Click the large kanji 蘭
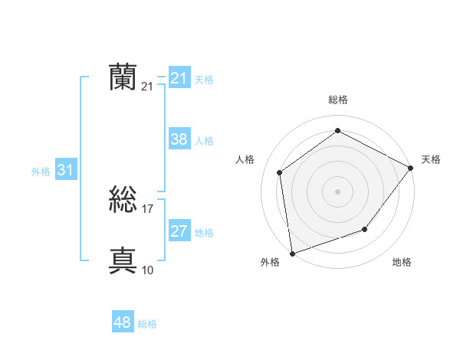123,77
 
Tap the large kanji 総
123,201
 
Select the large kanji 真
123,261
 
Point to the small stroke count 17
148,209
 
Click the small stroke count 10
148,270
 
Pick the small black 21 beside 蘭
148,87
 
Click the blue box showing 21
179,78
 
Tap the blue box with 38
179,139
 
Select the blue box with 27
179,232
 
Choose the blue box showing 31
65,171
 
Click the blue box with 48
123,323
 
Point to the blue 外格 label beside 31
41,172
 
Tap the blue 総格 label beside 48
148,324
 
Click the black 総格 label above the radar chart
338,100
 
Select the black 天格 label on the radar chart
431,159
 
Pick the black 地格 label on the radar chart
402,262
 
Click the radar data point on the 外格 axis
292,253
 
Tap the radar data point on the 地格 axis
365,229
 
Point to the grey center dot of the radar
338,191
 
